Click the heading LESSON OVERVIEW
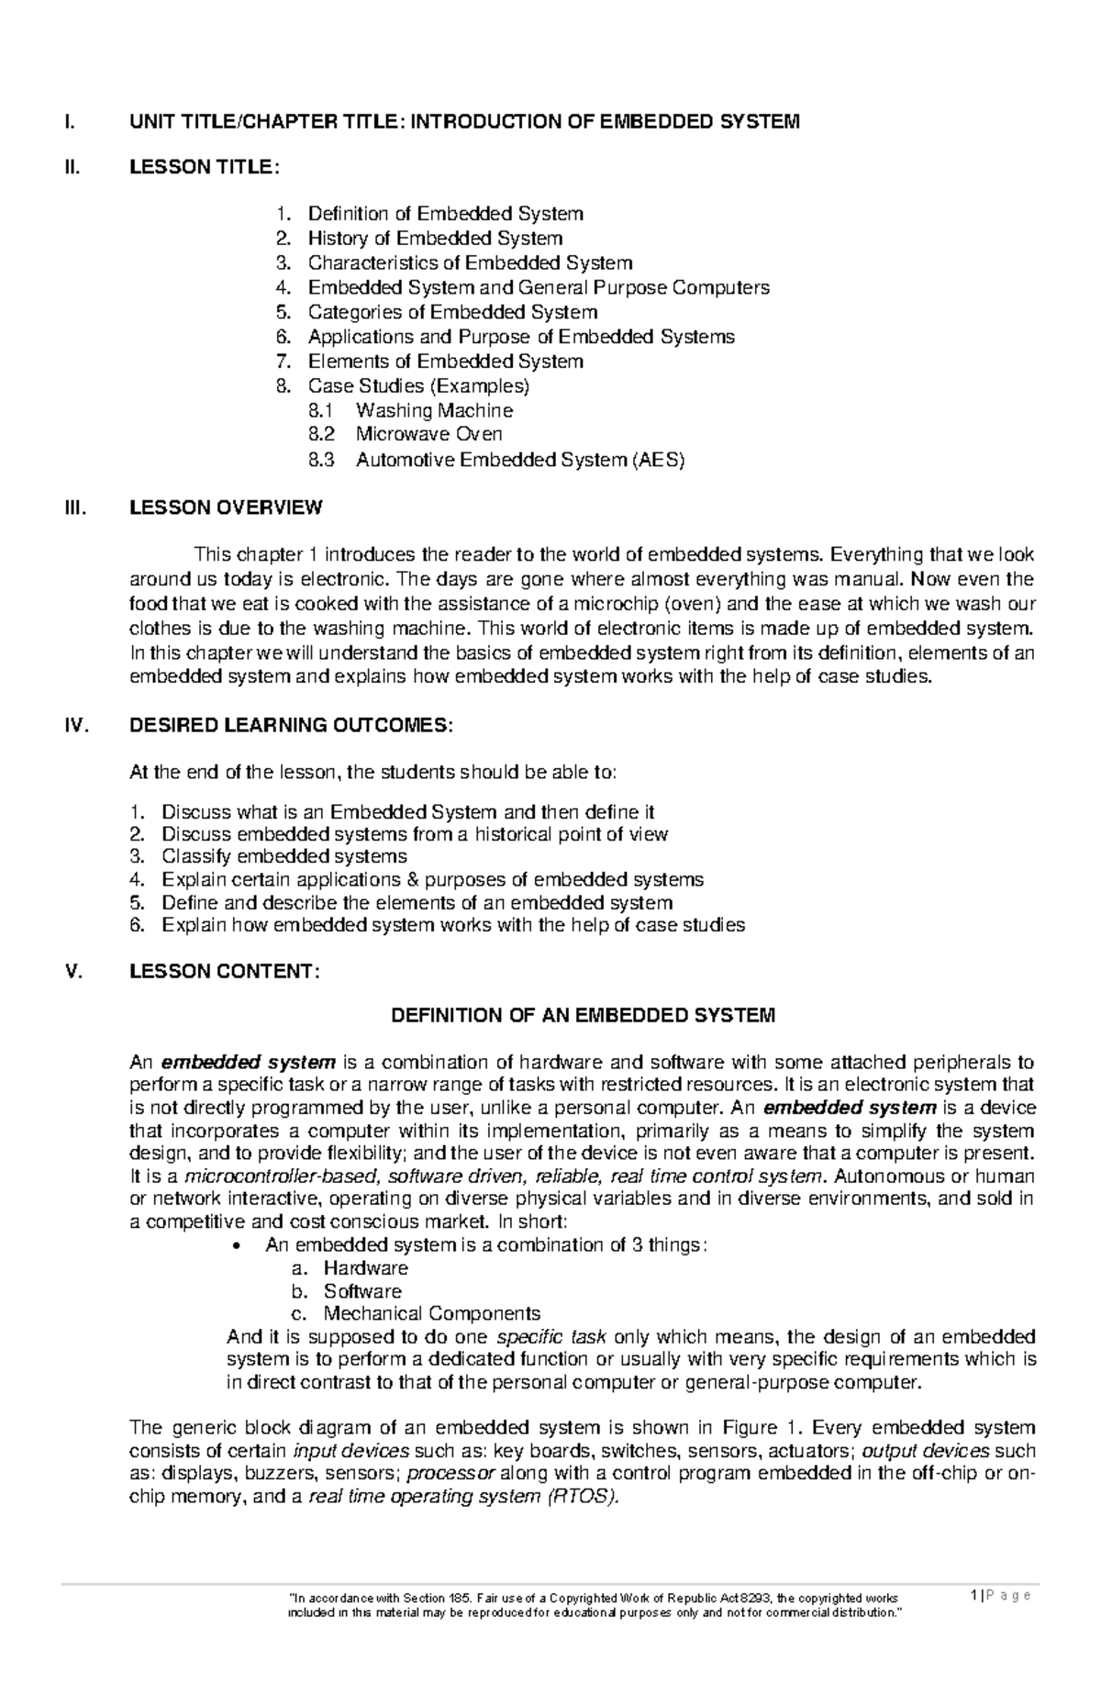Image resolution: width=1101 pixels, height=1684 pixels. point(226,507)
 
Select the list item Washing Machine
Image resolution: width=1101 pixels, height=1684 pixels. point(434,410)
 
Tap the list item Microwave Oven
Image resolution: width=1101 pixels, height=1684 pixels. point(428,434)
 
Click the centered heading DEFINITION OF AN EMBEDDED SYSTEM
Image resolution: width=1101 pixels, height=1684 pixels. point(584,1016)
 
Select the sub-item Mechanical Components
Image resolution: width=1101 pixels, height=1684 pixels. point(431,1313)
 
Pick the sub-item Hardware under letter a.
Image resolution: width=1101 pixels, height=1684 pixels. point(365,1268)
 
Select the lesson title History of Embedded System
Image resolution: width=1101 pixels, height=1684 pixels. point(435,239)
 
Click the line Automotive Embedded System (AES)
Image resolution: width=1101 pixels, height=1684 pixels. point(520,460)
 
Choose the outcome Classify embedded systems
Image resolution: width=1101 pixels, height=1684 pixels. point(284,857)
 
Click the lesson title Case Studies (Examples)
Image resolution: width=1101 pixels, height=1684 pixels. point(418,385)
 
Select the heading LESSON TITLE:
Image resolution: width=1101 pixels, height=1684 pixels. point(203,167)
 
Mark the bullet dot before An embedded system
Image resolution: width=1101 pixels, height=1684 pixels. point(238,1246)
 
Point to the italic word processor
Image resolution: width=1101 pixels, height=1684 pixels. point(450,1474)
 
